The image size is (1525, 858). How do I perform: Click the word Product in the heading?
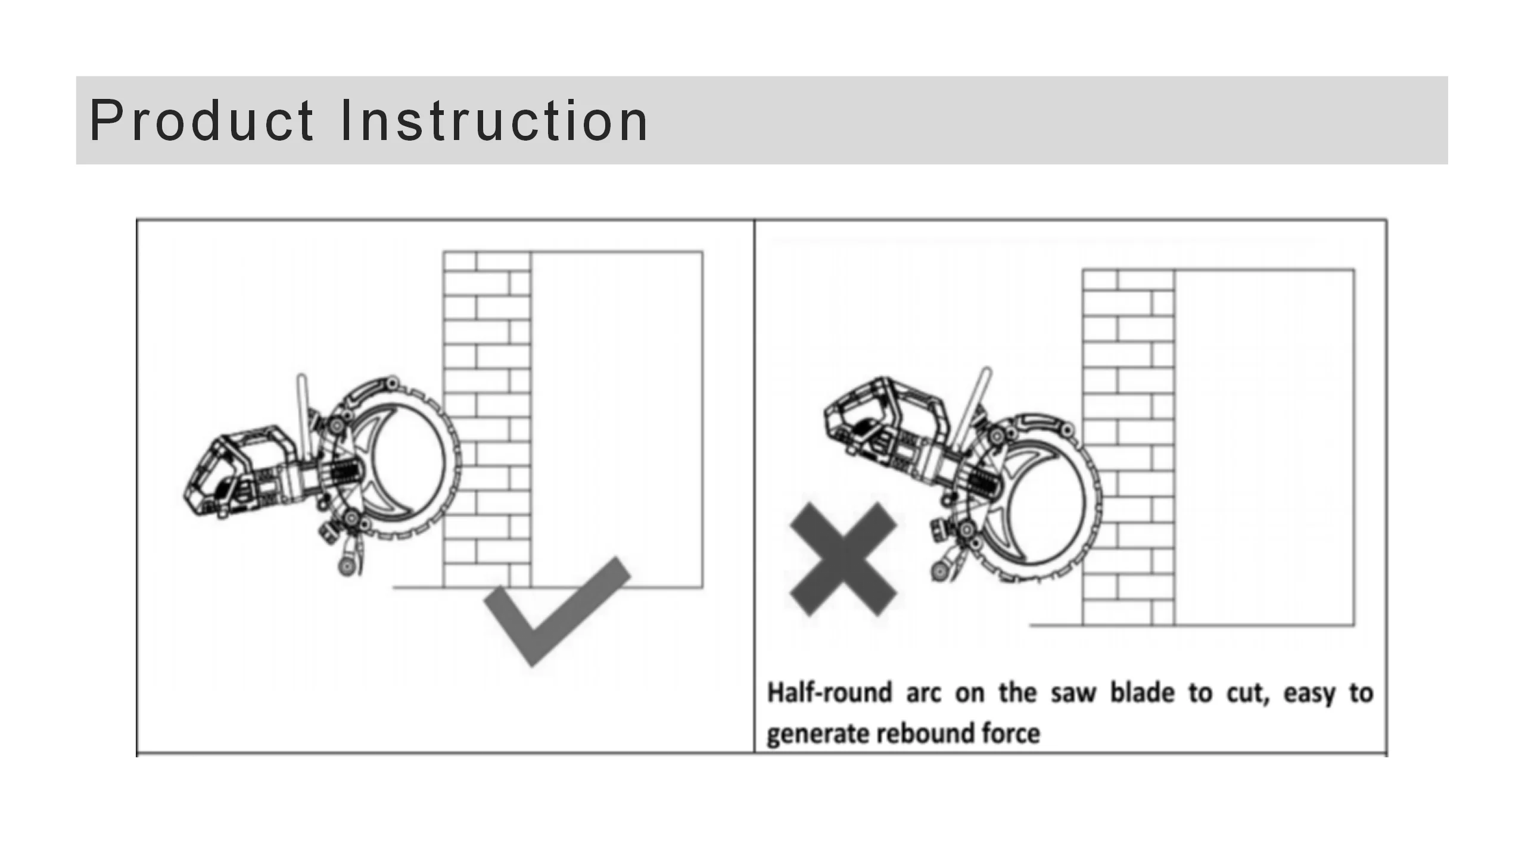(x=201, y=121)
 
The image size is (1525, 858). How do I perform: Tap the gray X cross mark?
(x=843, y=559)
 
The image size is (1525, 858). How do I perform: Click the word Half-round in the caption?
(x=829, y=694)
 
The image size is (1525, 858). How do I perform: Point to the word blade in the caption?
(x=1141, y=694)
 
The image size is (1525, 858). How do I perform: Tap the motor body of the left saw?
(x=238, y=471)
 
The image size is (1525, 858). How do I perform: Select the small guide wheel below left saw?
(x=346, y=565)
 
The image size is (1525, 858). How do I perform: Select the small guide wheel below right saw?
(x=940, y=572)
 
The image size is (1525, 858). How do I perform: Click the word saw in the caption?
(x=1073, y=694)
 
